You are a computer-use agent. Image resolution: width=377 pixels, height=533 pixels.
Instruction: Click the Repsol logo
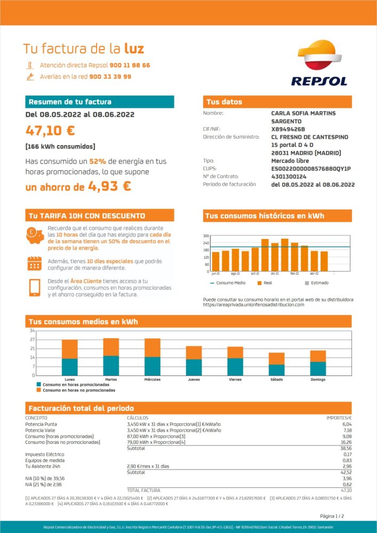[x=319, y=63]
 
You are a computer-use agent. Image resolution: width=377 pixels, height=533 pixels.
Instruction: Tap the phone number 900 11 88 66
[x=130, y=65]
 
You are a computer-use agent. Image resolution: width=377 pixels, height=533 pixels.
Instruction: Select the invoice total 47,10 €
[x=50, y=131]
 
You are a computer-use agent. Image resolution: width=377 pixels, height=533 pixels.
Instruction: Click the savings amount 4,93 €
[x=110, y=186]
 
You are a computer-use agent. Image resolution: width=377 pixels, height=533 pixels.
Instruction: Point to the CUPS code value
[x=311, y=169]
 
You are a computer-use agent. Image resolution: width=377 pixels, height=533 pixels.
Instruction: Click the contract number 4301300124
[x=288, y=176]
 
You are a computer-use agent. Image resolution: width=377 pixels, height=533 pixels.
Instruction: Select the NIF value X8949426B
[x=288, y=129]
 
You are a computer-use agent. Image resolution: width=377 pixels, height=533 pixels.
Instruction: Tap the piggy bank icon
[x=35, y=235]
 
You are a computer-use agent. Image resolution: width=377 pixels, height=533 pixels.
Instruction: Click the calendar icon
[x=35, y=264]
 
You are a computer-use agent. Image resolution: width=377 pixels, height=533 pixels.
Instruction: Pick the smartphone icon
[x=35, y=288]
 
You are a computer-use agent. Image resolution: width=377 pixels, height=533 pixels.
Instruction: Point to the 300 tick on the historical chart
[x=206, y=236]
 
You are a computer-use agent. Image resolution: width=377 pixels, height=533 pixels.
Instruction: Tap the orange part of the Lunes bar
[x=70, y=349]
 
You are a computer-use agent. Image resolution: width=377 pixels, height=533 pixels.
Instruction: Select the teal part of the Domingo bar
[x=318, y=368]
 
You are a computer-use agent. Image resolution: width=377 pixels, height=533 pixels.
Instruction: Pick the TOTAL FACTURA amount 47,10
[x=346, y=490]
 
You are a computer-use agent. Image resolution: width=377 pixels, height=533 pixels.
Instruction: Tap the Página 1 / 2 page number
[x=332, y=516]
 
